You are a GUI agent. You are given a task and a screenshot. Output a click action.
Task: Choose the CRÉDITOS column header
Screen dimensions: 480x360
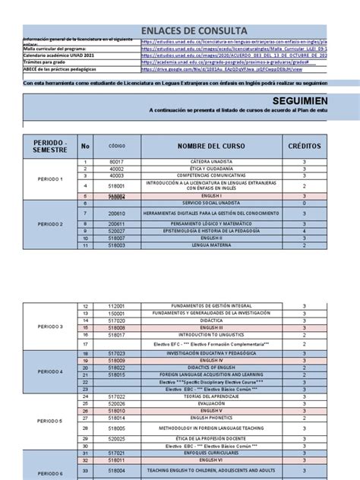[x=304, y=145]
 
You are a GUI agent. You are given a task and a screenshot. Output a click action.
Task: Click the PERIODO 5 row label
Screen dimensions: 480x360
[x=51, y=421]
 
